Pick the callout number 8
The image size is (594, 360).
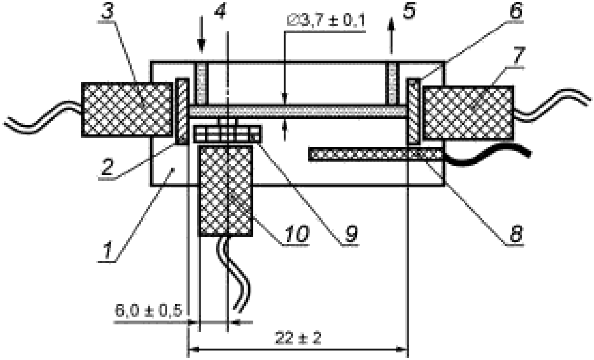pos(516,234)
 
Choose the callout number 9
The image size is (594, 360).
pos(351,234)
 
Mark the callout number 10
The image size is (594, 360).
pos(297,234)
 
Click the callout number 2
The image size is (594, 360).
pos(107,167)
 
